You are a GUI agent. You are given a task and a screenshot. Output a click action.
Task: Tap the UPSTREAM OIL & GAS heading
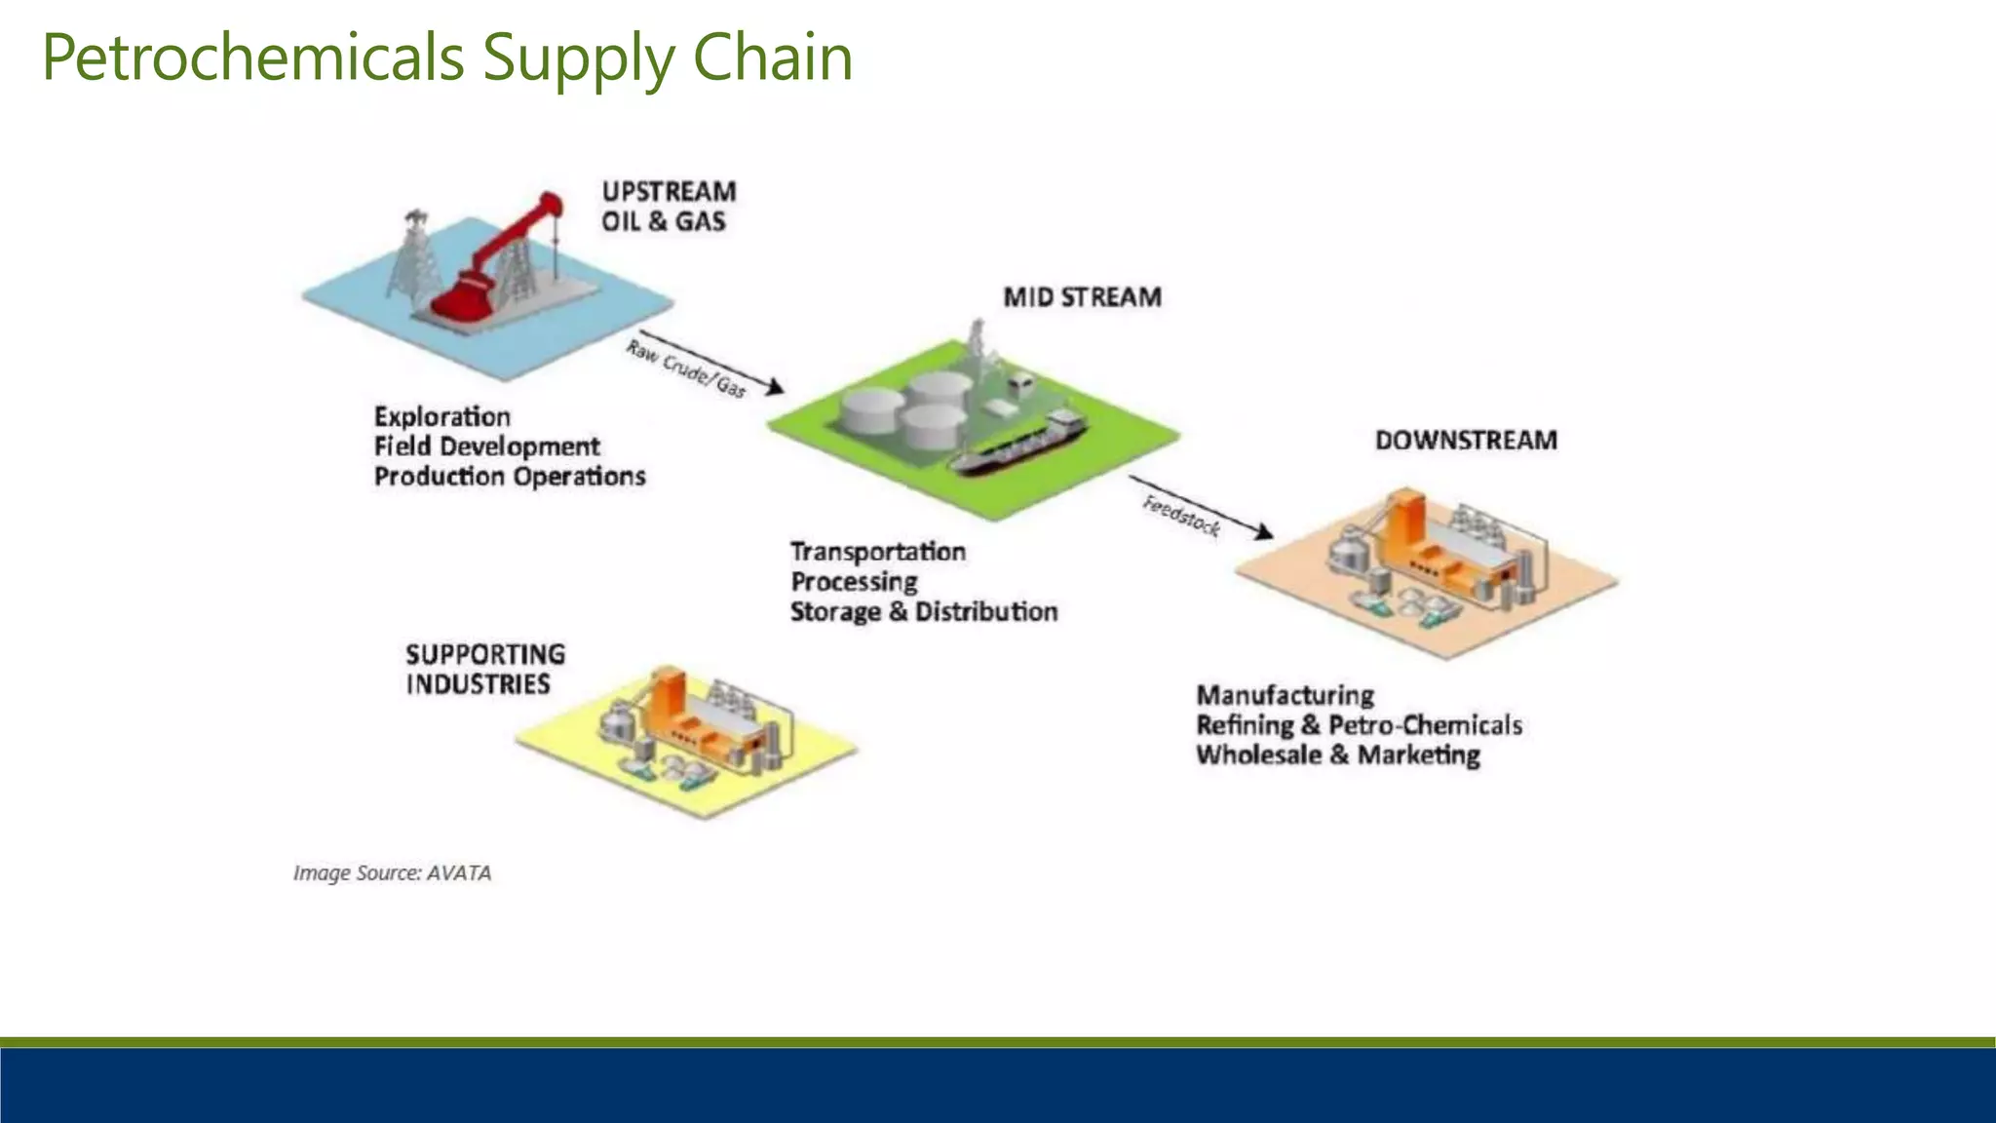click(x=668, y=206)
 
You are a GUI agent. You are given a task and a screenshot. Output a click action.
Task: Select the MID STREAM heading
click(x=1082, y=297)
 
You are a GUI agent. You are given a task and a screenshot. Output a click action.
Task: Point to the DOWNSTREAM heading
click(x=1466, y=441)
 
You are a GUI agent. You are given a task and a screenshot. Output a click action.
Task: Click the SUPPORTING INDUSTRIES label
click(x=484, y=669)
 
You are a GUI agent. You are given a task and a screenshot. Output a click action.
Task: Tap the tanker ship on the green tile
click(x=1018, y=444)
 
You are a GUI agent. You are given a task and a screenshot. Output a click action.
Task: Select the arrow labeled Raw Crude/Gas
click(x=711, y=363)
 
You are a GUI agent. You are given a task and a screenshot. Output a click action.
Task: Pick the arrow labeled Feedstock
click(x=1201, y=507)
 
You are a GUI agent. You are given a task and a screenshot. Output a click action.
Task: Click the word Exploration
click(x=441, y=417)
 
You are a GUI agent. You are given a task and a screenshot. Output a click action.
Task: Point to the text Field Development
click(x=486, y=446)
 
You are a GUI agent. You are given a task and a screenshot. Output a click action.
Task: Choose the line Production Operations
click(x=510, y=477)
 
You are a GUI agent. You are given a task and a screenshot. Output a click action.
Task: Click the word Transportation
click(x=877, y=552)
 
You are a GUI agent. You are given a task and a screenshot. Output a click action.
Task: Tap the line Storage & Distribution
click(x=923, y=612)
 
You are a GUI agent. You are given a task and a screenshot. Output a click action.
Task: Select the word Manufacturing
click(x=1285, y=696)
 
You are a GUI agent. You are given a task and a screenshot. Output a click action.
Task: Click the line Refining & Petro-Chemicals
click(x=1359, y=725)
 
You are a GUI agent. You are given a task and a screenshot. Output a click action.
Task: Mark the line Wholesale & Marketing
click(x=1337, y=755)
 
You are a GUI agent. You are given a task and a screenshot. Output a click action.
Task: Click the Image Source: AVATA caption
click(x=392, y=872)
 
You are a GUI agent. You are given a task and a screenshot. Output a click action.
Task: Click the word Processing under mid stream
click(x=854, y=582)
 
